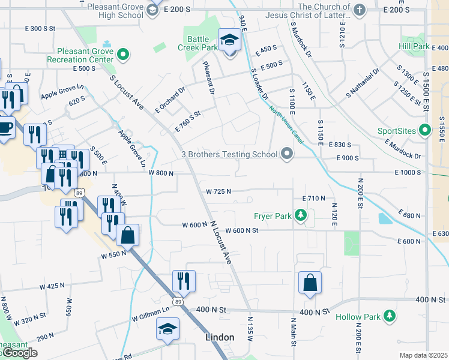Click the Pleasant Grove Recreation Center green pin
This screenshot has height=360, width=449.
(x=124, y=55)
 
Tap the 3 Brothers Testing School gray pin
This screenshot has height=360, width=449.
(x=287, y=154)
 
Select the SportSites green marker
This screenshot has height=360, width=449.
(x=425, y=130)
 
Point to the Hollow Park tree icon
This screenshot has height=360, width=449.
(x=390, y=316)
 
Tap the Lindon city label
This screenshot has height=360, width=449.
(x=220, y=337)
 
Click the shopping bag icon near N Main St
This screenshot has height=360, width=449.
(x=310, y=283)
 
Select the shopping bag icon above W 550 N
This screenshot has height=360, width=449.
(x=128, y=235)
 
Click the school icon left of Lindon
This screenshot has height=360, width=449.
(x=167, y=329)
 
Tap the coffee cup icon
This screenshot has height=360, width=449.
(x=5, y=128)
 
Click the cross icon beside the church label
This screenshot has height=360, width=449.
(x=359, y=9)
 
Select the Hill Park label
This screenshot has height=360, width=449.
(x=414, y=46)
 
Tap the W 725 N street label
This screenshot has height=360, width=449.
(x=218, y=191)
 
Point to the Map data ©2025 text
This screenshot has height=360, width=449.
(x=424, y=355)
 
